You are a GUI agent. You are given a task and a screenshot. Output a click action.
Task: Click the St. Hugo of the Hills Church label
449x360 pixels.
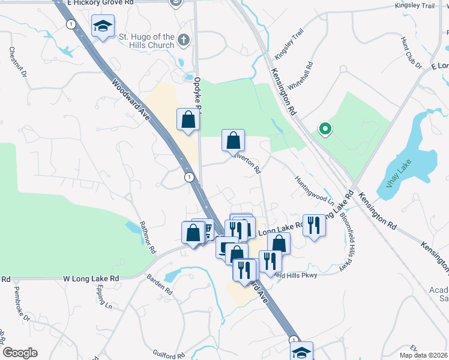tap(146, 41)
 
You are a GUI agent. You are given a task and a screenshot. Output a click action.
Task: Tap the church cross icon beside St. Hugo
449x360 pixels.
tap(184, 41)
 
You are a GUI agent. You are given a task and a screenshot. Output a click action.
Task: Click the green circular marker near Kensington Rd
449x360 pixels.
tap(325, 129)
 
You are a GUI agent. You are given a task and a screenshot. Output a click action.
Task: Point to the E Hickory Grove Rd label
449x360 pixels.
tap(101, 3)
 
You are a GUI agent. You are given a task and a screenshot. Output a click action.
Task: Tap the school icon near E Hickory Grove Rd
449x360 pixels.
tap(103, 26)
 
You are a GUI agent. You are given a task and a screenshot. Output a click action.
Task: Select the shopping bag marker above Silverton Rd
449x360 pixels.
tap(233, 140)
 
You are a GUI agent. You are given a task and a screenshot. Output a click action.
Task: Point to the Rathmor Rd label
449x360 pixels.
tap(148, 237)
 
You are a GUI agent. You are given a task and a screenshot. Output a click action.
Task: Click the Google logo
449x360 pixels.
tap(20, 353)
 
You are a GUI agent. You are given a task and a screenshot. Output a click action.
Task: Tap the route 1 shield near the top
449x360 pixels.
tap(71, 24)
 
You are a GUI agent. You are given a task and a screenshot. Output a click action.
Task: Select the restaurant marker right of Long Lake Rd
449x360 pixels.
tap(313, 226)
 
